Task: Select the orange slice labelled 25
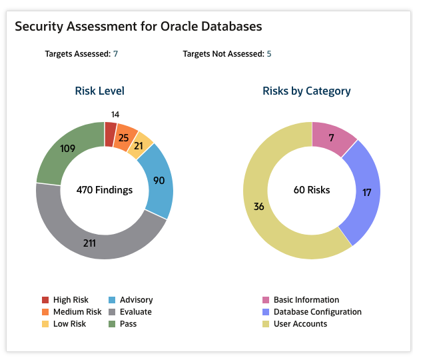coord(124,138)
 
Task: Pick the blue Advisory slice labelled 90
coord(159,181)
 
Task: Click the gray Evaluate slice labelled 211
coord(90,243)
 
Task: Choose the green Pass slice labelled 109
coord(67,149)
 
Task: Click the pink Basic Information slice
coord(331,138)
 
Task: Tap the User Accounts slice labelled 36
coord(260,207)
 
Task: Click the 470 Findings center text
coord(104,190)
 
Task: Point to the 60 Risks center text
coord(312,190)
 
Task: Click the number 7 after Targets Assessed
coord(116,54)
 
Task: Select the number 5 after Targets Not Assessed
coord(269,54)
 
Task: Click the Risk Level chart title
coord(99,91)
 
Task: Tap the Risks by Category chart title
coord(306,91)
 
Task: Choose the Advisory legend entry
coord(136,300)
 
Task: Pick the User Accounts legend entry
coord(300,324)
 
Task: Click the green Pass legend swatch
coord(112,324)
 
